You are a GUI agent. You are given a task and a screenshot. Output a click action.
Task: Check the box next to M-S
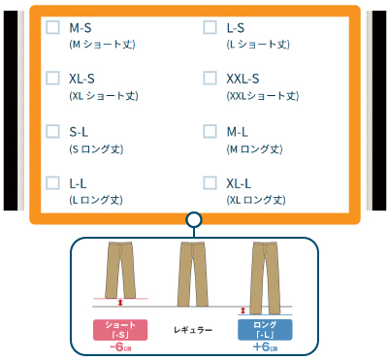(52, 27)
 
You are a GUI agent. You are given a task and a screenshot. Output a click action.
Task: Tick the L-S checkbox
(210, 27)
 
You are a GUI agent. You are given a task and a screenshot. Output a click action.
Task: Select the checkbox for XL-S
(52, 78)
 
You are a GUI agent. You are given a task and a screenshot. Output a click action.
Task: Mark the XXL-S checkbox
(210, 78)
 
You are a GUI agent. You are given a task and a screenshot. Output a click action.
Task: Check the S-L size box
(52, 131)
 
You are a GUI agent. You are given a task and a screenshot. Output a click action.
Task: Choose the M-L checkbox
(210, 131)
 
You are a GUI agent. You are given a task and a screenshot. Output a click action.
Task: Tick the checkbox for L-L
(52, 182)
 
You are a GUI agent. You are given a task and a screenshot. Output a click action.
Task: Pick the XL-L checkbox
(210, 182)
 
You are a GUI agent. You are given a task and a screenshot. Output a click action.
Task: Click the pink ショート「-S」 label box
(120, 330)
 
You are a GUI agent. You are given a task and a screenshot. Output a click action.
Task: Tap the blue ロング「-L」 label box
(265, 330)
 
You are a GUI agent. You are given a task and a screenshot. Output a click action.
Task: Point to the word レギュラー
(193, 330)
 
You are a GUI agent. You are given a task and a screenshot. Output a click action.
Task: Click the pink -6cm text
(120, 347)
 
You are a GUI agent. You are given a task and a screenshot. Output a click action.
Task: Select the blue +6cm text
(265, 347)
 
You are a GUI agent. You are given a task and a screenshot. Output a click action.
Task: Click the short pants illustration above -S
(120, 270)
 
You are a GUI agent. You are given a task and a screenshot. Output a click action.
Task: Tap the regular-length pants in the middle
(193, 275)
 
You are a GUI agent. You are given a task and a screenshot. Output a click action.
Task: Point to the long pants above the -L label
(265, 278)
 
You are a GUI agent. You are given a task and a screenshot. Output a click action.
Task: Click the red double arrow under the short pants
(120, 303)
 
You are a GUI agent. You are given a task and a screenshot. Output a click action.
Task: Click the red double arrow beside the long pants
(243, 311)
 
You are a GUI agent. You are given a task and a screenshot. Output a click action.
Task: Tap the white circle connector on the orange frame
(194, 220)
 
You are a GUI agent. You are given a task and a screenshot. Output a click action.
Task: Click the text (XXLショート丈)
(263, 96)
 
